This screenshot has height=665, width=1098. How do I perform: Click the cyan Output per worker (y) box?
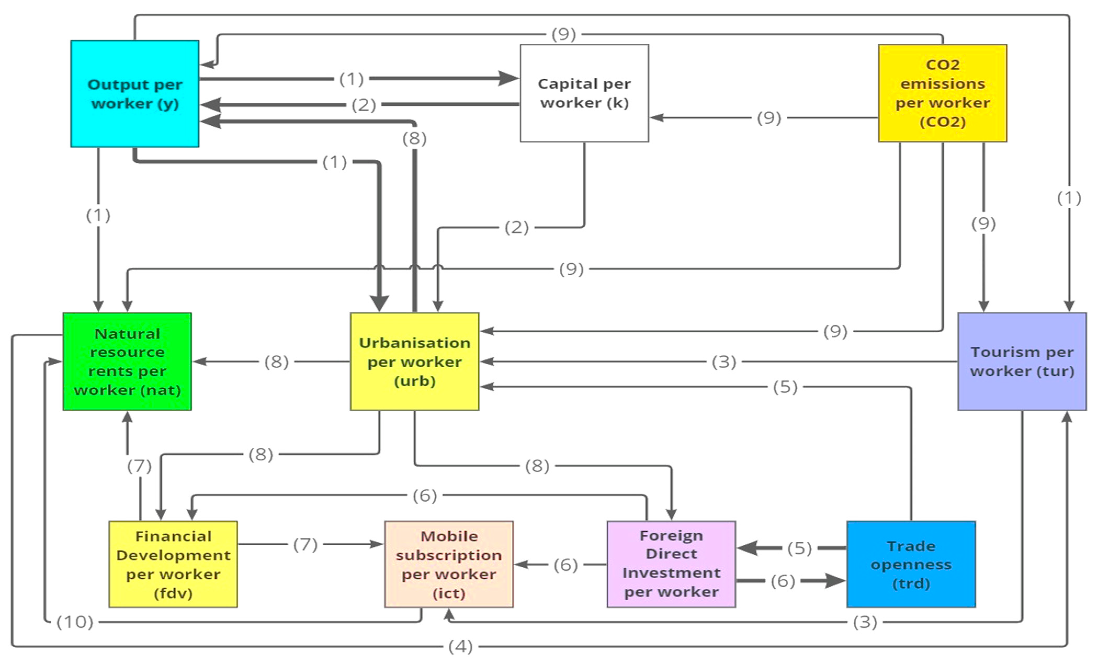(135, 94)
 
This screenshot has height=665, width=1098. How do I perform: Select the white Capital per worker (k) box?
(584, 93)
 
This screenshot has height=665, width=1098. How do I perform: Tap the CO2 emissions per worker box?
(942, 93)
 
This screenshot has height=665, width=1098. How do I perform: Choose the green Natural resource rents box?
(127, 361)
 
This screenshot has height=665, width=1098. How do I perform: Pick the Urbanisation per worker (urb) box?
(414, 361)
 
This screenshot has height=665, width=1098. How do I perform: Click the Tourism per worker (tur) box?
(1022, 361)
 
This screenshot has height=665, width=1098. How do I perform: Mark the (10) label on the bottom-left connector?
(75, 622)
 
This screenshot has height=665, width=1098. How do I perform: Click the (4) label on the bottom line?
(460, 646)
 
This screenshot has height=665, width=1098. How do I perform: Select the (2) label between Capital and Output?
(364, 105)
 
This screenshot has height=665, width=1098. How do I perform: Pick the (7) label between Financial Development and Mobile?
(305, 544)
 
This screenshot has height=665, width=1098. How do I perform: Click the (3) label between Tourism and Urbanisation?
(724, 362)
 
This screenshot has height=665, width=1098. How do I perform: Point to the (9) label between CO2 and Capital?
(769, 118)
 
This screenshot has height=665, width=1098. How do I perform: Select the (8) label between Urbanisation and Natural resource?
(276, 362)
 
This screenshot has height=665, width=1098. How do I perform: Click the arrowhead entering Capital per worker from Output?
(509, 78)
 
